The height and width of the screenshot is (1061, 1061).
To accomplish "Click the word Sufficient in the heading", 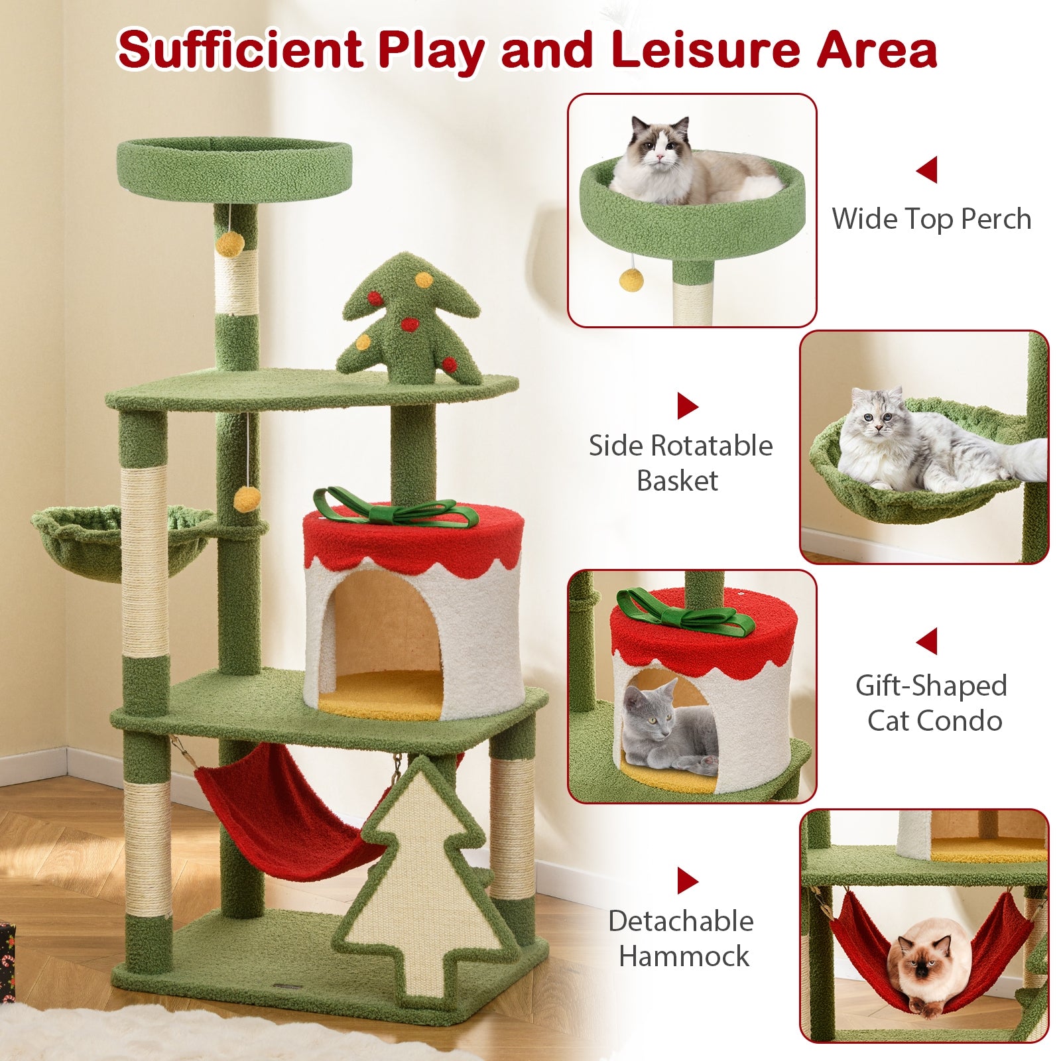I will click(x=240, y=50).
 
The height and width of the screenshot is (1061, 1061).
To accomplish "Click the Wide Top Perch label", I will click(x=931, y=219).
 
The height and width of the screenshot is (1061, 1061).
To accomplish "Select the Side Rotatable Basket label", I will click(x=680, y=463).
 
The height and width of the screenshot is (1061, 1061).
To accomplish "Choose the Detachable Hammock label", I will click(x=682, y=939).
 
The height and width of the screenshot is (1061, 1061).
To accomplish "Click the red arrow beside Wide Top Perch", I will click(x=927, y=170).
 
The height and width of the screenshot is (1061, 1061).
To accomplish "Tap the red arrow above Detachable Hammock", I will click(x=687, y=881).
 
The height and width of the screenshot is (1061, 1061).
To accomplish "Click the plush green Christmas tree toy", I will click(x=408, y=324).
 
